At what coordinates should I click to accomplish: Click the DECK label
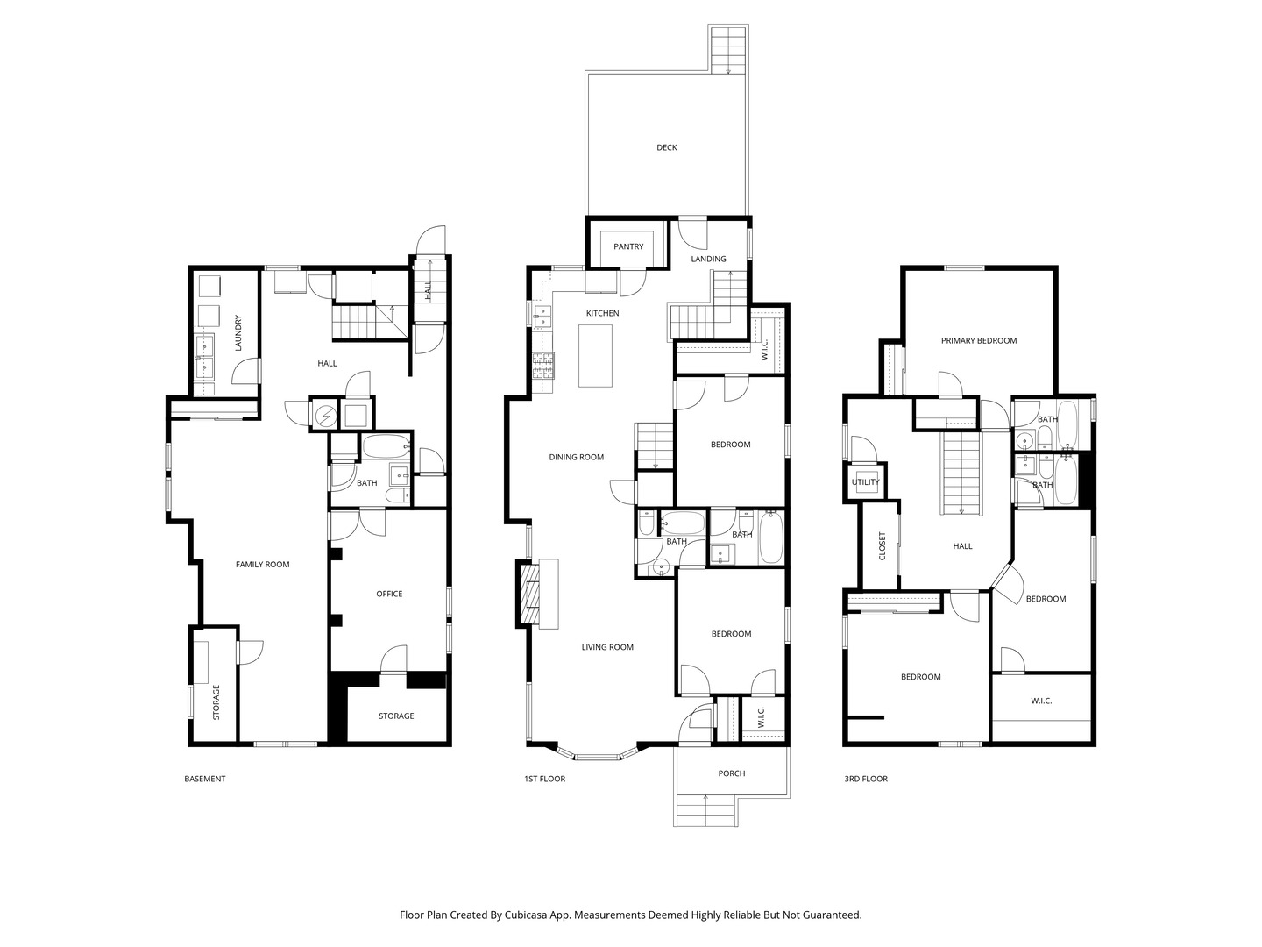pyautogui.click(x=666, y=147)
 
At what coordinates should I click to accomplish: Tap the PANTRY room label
pyautogui.click(x=628, y=246)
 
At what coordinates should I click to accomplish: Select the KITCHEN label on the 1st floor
pyautogui.click(x=602, y=313)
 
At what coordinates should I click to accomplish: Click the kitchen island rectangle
pyautogui.click(x=595, y=355)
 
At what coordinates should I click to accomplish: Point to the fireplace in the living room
pyautogui.click(x=529, y=593)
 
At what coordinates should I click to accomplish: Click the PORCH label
pyautogui.click(x=731, y=773)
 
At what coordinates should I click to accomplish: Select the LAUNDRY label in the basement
pyautogui.click(x=238, y=333)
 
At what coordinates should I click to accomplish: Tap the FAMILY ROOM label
pyautogui.click(x=262, y=565)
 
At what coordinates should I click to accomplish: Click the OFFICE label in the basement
pyautogui.click(x=389, y=594)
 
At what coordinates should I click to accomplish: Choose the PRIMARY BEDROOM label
pyautogui.click(x=979, y=340)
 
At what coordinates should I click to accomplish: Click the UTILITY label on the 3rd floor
pyautogui.click(x=865, y=482)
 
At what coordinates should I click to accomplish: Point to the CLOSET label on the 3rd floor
pyautogui.click(x=883, y=546)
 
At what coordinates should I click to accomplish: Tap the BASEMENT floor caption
pyautogui.click(x=204, y=779)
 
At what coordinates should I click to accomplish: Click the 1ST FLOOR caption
pyautogui.click(x=544, y=779)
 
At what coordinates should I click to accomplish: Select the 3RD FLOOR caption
pyautogui.click(x=866, y=779)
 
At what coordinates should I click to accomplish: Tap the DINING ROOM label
pyautogui.click(x=576, y=457)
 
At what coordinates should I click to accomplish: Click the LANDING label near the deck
pyautogui.click(x=708, y=259)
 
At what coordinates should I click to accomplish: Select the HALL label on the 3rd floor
pyautogui.click(x=962, y=546)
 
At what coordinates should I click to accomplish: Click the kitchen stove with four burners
pyautogui.click(x=543, y=365)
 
